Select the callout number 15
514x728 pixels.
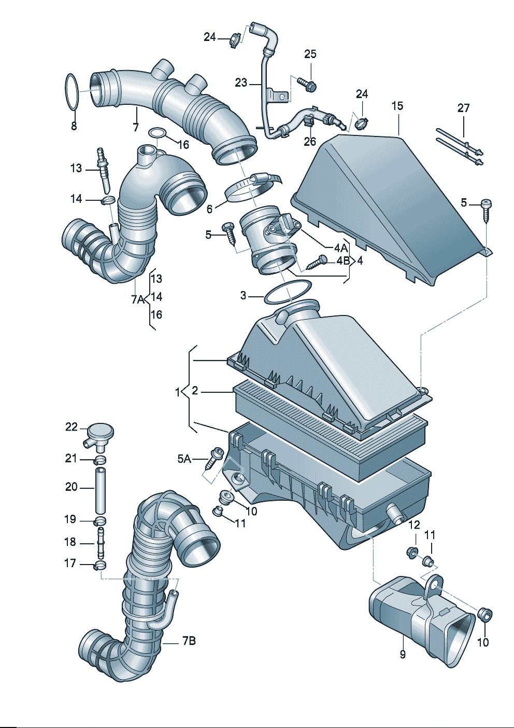pyautogui.click(x=397, y=106)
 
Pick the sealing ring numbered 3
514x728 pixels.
pyautogui.click(x=288, y=293)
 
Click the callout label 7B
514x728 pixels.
pyautogui.click(x=189, y=641)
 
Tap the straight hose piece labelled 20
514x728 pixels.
pyautogui.click(x=100, y=490)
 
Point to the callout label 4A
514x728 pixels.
pyautogui.click(x=340, y=249)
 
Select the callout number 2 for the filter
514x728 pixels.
pyautogui.click(x=195, y=391)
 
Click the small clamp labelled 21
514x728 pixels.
pyautogui.click(x=100, y=460)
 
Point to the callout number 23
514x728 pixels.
pyautogui.click(x=241, y=83)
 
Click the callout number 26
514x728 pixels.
pyautogui.click(x=309, y=141)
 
